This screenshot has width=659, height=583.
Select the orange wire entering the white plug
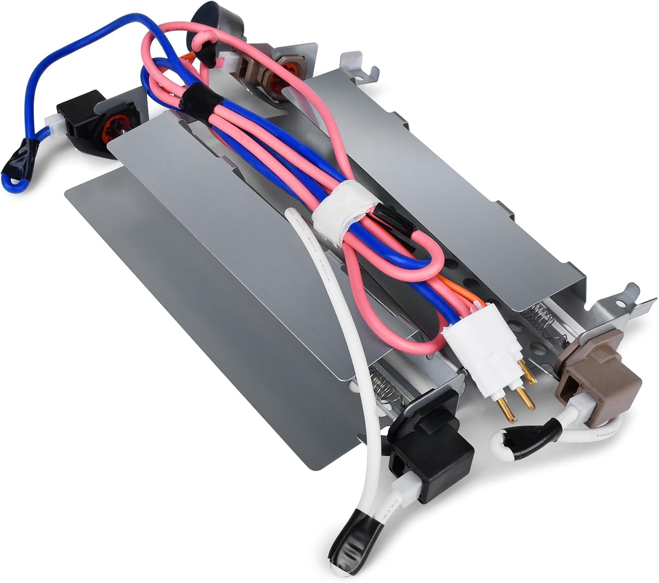click(x=461, y=299)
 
